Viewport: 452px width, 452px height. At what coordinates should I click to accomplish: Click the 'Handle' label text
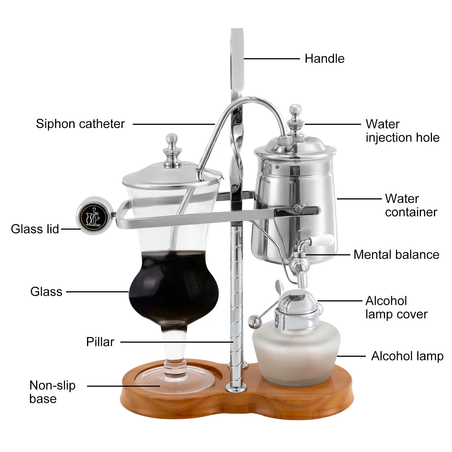pos(325,59)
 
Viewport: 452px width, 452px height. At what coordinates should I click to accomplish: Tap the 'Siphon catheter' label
pos(80,124)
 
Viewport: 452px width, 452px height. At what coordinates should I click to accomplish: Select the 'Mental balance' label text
pos(396,255)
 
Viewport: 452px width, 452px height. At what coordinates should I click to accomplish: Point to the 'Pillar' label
pos(100,342)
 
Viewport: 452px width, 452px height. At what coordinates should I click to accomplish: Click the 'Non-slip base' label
pos(52,392)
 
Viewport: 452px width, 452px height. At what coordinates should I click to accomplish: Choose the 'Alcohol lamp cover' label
pos(396,308)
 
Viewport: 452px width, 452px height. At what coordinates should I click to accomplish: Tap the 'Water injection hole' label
pos(403,131)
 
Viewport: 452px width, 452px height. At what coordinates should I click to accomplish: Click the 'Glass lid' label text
pos(35,229)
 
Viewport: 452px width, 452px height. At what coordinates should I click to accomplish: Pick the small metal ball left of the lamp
pos(254,322)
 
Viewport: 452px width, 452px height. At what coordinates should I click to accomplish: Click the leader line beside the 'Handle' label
pos(271,59)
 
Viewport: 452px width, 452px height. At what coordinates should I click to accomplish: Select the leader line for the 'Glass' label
pos(98,292)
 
